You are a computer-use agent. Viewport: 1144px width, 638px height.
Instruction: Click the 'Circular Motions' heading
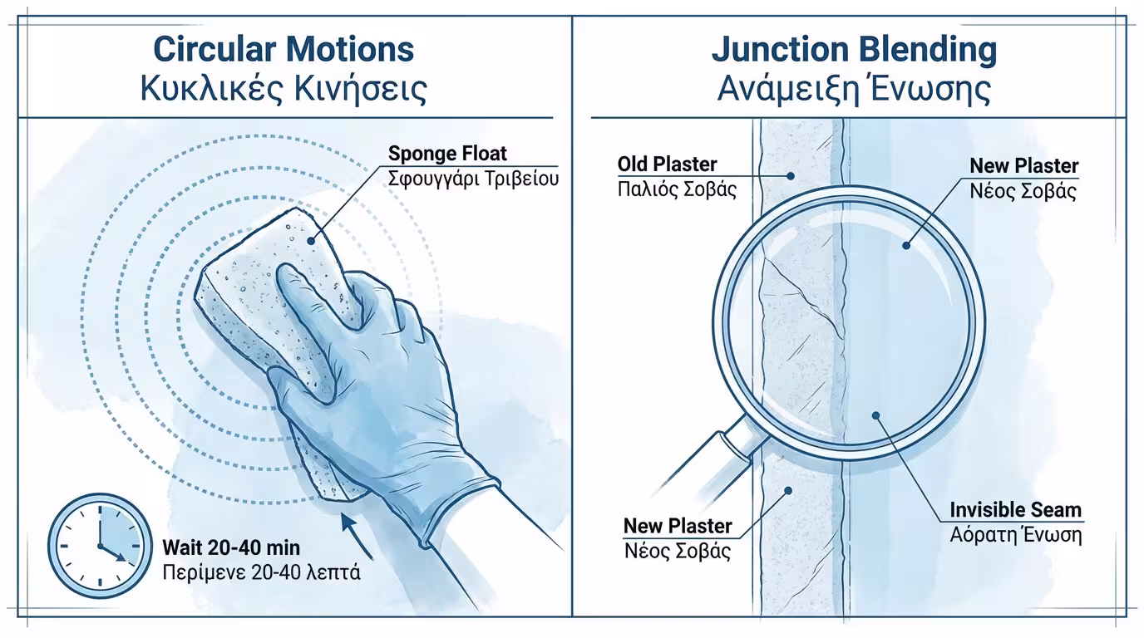pos(284,50)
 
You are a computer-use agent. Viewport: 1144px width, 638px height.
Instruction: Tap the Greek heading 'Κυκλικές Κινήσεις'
pos(284,89)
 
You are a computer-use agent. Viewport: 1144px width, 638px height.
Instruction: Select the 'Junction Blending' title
pos(854,51)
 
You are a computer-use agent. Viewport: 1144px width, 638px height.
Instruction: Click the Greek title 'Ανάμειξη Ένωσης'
pos(854,89)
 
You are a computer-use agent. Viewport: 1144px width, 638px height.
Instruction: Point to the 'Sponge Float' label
pos(447,154)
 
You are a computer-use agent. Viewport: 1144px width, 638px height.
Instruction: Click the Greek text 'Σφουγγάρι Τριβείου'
pos(473,179)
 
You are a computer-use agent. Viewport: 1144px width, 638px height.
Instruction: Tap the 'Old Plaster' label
pos(667,164)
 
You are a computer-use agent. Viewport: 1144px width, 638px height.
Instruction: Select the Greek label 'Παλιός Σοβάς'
pos(677,189)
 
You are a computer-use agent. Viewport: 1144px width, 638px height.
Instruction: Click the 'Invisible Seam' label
pos(1015,510)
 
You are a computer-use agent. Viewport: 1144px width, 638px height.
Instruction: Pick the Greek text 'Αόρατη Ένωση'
pos(1015,535)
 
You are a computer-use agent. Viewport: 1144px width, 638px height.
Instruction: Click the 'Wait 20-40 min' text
pos(231,548)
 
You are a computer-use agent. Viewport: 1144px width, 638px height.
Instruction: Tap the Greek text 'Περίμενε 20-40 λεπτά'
pos(262,572)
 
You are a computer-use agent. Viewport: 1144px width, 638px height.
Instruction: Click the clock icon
pos(100,545)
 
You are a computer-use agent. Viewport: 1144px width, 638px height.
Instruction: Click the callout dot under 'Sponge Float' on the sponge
pos(310,240)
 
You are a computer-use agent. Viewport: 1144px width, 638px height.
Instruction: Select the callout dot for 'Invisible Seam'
pos(875,416)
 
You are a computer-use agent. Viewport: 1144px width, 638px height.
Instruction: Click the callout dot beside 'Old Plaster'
pos(790,176)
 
